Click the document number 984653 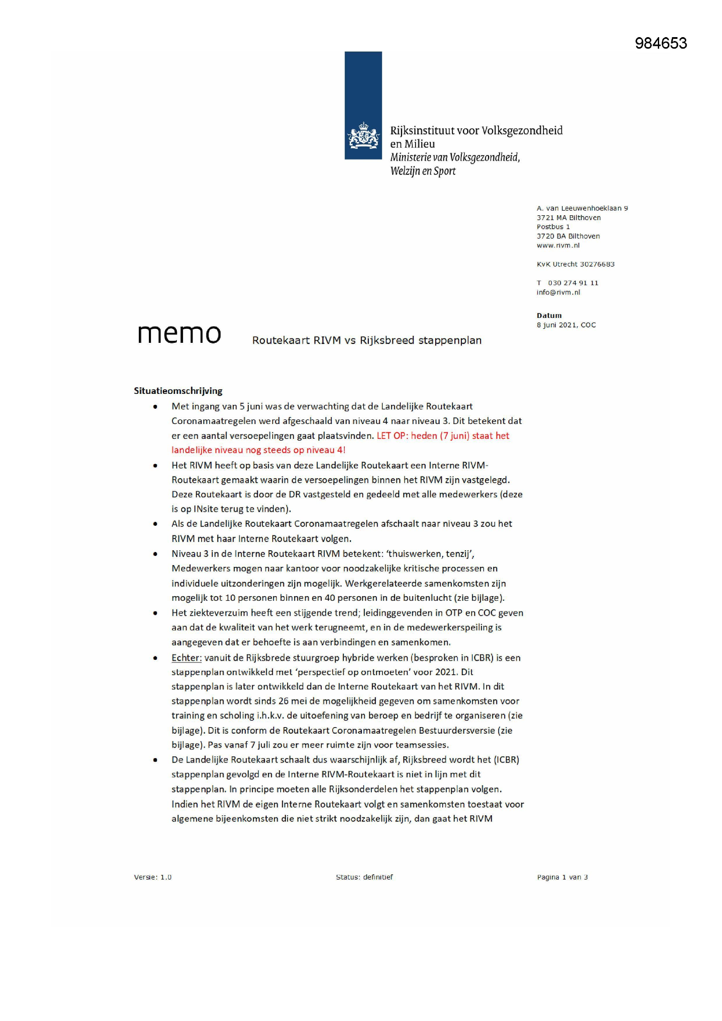[660, 43]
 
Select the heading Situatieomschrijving [178, 391]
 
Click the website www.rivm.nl [558, 245]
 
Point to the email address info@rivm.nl [558, 292]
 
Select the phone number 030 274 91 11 [573, 283]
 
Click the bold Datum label [549, 315]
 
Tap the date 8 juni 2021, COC [566, 324]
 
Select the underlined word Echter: [187, 657]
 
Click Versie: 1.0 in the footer [152, 877]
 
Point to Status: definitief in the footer [364, 877]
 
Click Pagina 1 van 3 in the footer [562, 877]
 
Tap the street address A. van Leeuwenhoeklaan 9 [582, 208]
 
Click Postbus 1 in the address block [553, 227]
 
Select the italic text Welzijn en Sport [423, 171]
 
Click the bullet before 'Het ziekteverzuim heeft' [155, 613]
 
